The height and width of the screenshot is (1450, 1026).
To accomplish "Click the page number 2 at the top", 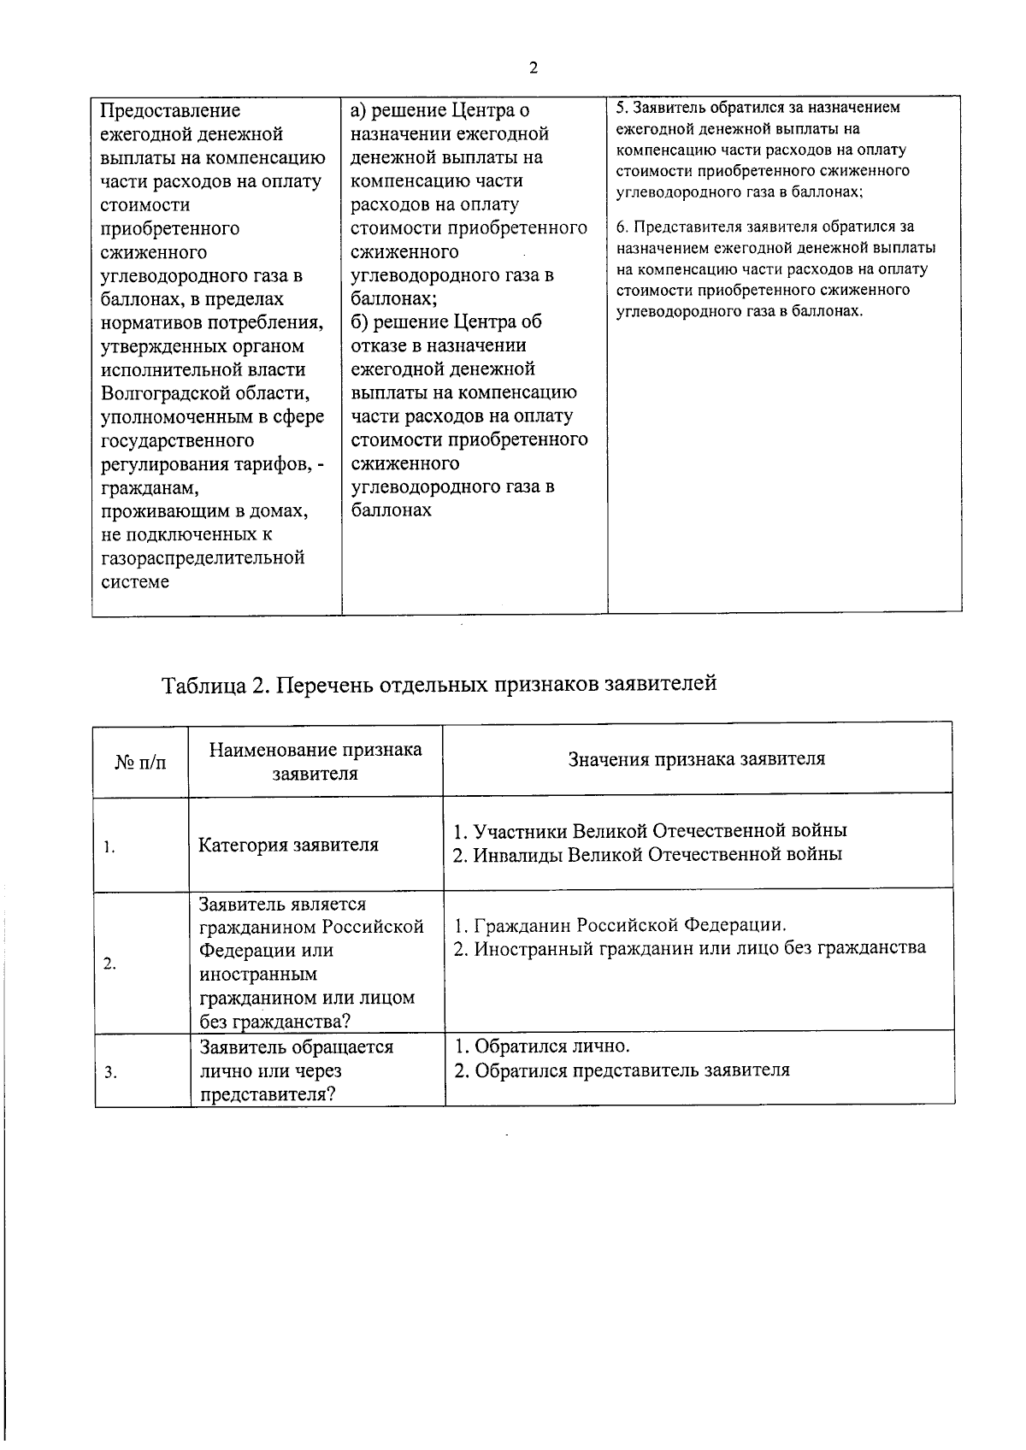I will (x=534, y=68).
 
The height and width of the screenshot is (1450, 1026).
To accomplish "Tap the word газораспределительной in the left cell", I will (x=203, y=557).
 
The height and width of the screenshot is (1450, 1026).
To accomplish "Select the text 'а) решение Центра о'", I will (x=440, y=110).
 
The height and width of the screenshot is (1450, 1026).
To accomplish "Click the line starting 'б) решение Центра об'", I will (x=446, y=322).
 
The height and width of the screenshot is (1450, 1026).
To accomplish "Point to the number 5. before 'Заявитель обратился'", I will (x=622, y=109).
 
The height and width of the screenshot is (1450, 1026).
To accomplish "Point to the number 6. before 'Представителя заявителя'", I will (x=622, y=227).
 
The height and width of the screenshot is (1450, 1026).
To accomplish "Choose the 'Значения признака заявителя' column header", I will (x=697, y=758).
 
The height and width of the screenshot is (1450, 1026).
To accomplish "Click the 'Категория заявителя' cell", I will (x=288, y=845).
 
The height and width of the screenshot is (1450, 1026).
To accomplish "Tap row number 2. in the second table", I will (x=109, y=964).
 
